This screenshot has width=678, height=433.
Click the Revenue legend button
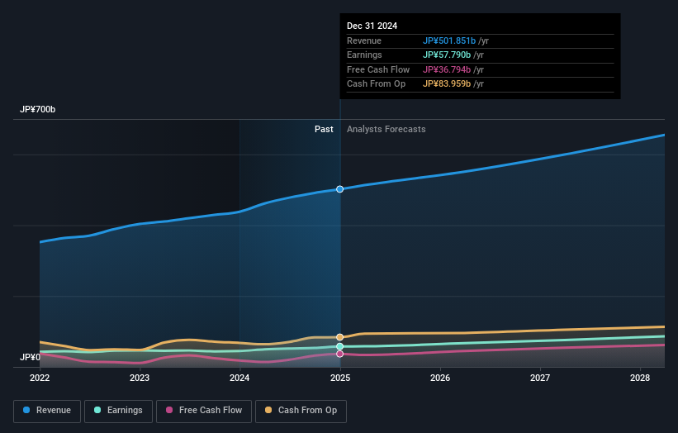(47, 410)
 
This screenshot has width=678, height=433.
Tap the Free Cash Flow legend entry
(203, 410)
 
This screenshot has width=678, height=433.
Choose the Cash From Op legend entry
(301, 410)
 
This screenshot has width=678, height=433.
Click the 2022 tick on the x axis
(40, 378)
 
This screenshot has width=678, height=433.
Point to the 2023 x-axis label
(140, 378)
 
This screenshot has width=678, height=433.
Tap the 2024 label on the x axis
(239, 378)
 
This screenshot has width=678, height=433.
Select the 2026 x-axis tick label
(440, 378)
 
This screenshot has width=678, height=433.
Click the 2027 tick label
(540, 378)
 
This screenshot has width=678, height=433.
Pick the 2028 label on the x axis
(640, 378)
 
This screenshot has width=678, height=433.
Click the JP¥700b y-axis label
(38, 110)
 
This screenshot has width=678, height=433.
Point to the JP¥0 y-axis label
(31, 357)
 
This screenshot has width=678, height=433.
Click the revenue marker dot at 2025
(339, 189)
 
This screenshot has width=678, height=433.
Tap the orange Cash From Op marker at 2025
(339, 337)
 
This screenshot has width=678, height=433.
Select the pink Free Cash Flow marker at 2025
(339, 354)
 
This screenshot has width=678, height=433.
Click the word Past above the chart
(324, 129)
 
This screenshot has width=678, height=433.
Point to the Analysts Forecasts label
(386, 129)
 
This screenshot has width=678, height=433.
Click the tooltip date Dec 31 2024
(372, 26)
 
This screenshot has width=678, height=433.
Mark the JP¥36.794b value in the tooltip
(447, 69)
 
